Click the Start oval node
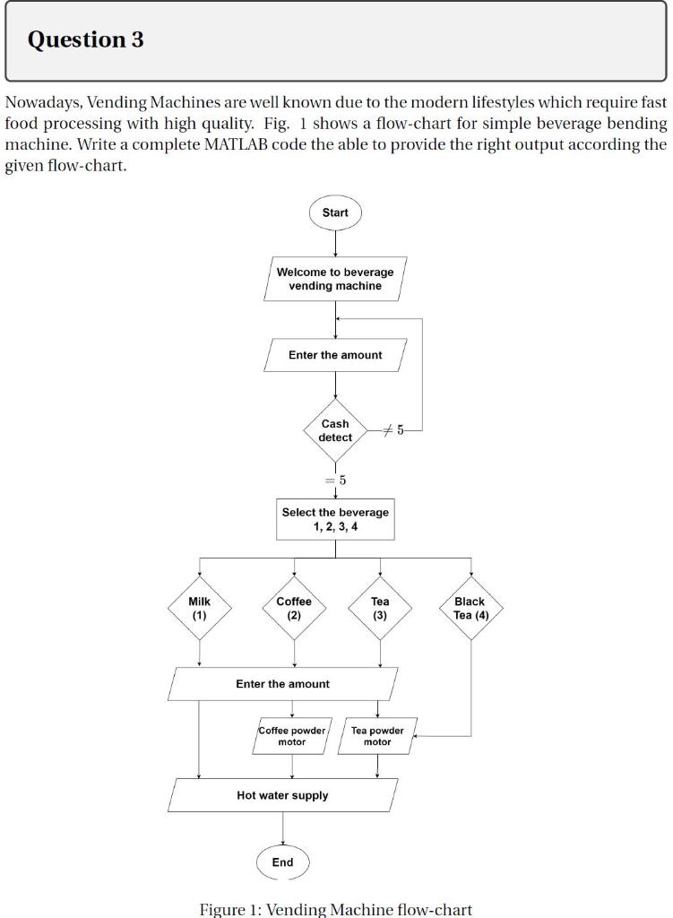tap(335, 212)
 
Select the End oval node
tap(282, 862)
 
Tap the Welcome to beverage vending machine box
tap(335, 279)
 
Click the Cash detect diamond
tap(335, 430)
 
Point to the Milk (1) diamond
tap(199, 609)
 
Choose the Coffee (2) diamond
tap(294, 609)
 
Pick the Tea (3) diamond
tap(380, 609)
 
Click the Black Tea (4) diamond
tap(470, 609)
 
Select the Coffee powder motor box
tap(292, 736)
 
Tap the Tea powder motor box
tap(377, 736)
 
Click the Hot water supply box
tap(282, 795)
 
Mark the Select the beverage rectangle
tap(335, 519)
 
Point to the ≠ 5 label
tap(394, 431)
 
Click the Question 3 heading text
tap(86, 39)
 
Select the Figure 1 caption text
tap(335, 909)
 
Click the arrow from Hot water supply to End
tap(282, 828)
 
